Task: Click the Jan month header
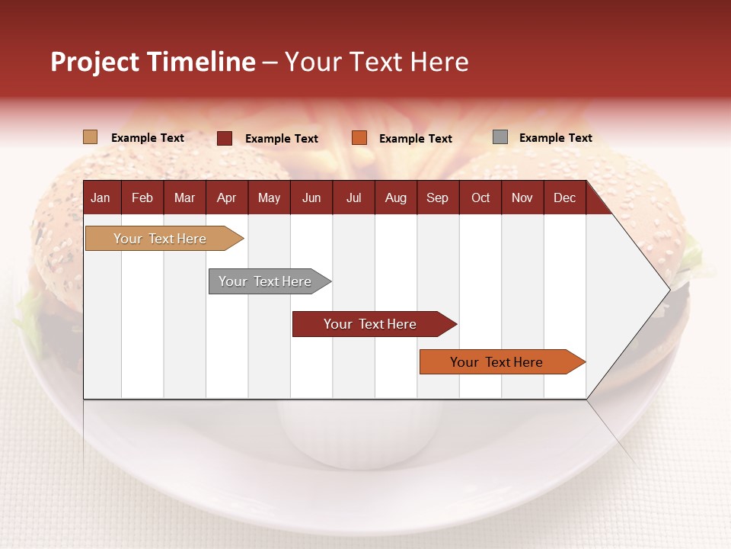(x=101, y=198)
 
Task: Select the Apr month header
(x=226, y=198)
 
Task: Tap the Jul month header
(x=353, y=198)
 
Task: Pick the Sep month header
(x=437, y=198)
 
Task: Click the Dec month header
(x=564, y=198)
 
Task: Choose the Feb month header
(x=142, y=198)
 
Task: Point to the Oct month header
(x=480, y=198)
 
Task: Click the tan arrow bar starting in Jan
(x=160, y=239)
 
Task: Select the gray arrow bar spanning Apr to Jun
(x=265, y=281)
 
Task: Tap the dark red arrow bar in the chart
(x=370, y=324)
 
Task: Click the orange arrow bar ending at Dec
(x=496, y=362)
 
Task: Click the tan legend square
(x=90, y=137)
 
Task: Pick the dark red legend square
(x=224, y=138)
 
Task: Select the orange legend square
(x=359, y=138)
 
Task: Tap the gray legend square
(x=500, y=137)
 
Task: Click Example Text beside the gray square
(x=555, y=138)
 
